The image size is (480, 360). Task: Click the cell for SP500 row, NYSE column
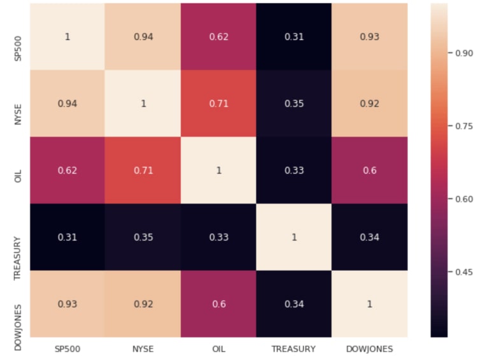(x=143, y=36)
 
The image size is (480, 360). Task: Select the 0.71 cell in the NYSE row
(x=218, y=103)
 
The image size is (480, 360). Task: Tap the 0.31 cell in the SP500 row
(x=293, y=36)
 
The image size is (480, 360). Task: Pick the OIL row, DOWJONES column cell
(x=369, y=170)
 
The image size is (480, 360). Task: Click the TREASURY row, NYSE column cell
(x=143, y=237)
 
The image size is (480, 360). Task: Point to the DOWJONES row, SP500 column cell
(x=67, y=303)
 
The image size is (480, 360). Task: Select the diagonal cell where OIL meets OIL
(x=218, y=170)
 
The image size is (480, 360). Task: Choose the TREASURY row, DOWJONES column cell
(x=369, y=237)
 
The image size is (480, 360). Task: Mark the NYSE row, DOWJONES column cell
(x=369, y=103)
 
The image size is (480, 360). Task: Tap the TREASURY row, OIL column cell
(x=218, y=237)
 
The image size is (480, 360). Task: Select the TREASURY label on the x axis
(x=293, y=349)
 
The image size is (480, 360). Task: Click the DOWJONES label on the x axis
(x=369, y=349)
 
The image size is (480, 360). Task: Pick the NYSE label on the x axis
(x=143, y=349)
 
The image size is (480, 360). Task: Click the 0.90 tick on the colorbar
(x=462, y=53)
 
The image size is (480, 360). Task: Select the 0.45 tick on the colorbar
(x=462, y=272)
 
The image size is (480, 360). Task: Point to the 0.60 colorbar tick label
(x=462, y=199)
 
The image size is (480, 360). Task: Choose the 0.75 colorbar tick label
(x=462, y=127)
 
